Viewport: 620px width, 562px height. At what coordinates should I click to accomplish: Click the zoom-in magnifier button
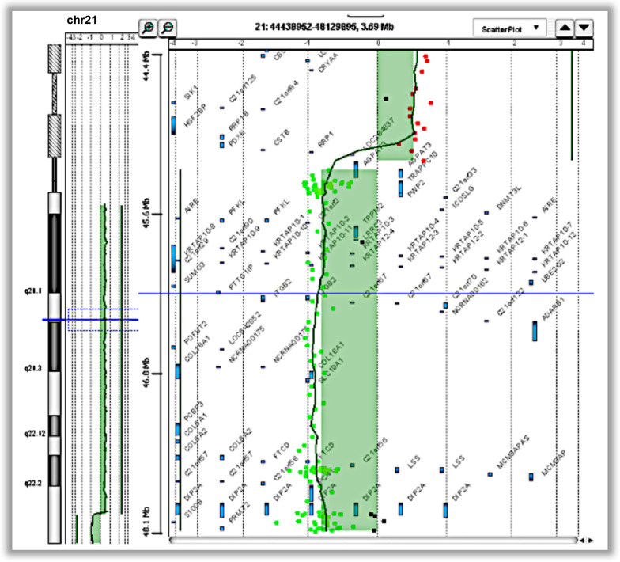point(149,28)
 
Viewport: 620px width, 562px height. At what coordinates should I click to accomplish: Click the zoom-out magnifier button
point(167,28)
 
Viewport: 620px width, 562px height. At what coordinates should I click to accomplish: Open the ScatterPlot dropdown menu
point(511,28)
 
